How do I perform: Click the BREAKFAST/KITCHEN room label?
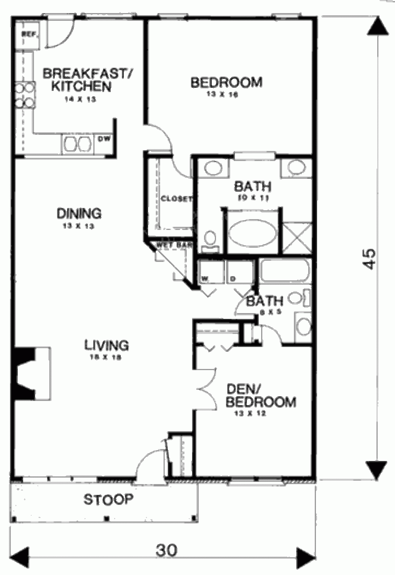pos(86,80)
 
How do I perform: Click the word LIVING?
pos(106,345)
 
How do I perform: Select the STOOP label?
pos(108,500)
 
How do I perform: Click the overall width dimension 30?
pos(167,550)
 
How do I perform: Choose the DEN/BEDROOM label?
pos(261,396)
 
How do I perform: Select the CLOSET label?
pos(176,199)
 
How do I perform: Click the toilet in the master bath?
pos(210,241)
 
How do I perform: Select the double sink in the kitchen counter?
pos(78,144)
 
